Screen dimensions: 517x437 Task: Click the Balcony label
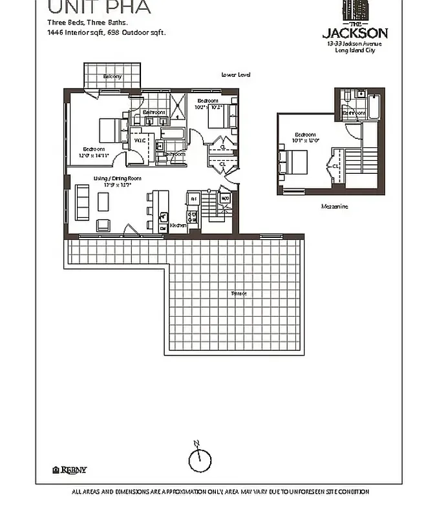pyautogui.click(x=112, y=77)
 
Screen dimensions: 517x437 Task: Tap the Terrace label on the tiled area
pyautogui.click(x=239, y=294)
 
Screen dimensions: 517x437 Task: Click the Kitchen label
pyautogui.click(x=178, y=226)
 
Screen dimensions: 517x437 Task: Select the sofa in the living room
pyautogui.click(x=82, y=202)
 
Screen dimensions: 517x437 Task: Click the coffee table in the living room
pyautogui.click(x=103, y=202)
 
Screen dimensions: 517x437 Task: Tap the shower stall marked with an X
pyautogui.click(x=175, y=104)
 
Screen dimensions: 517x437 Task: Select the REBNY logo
pyautogui.click(x=69, y=470)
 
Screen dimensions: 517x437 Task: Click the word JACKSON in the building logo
pyautogui.click(x=355, y=32)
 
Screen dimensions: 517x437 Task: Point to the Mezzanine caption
pyautogui.click(x=334, y=207)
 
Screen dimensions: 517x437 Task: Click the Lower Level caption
pyautogui.click(x=236, y=75)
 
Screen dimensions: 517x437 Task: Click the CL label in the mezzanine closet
pyautogui.click(x=336, y=166)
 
